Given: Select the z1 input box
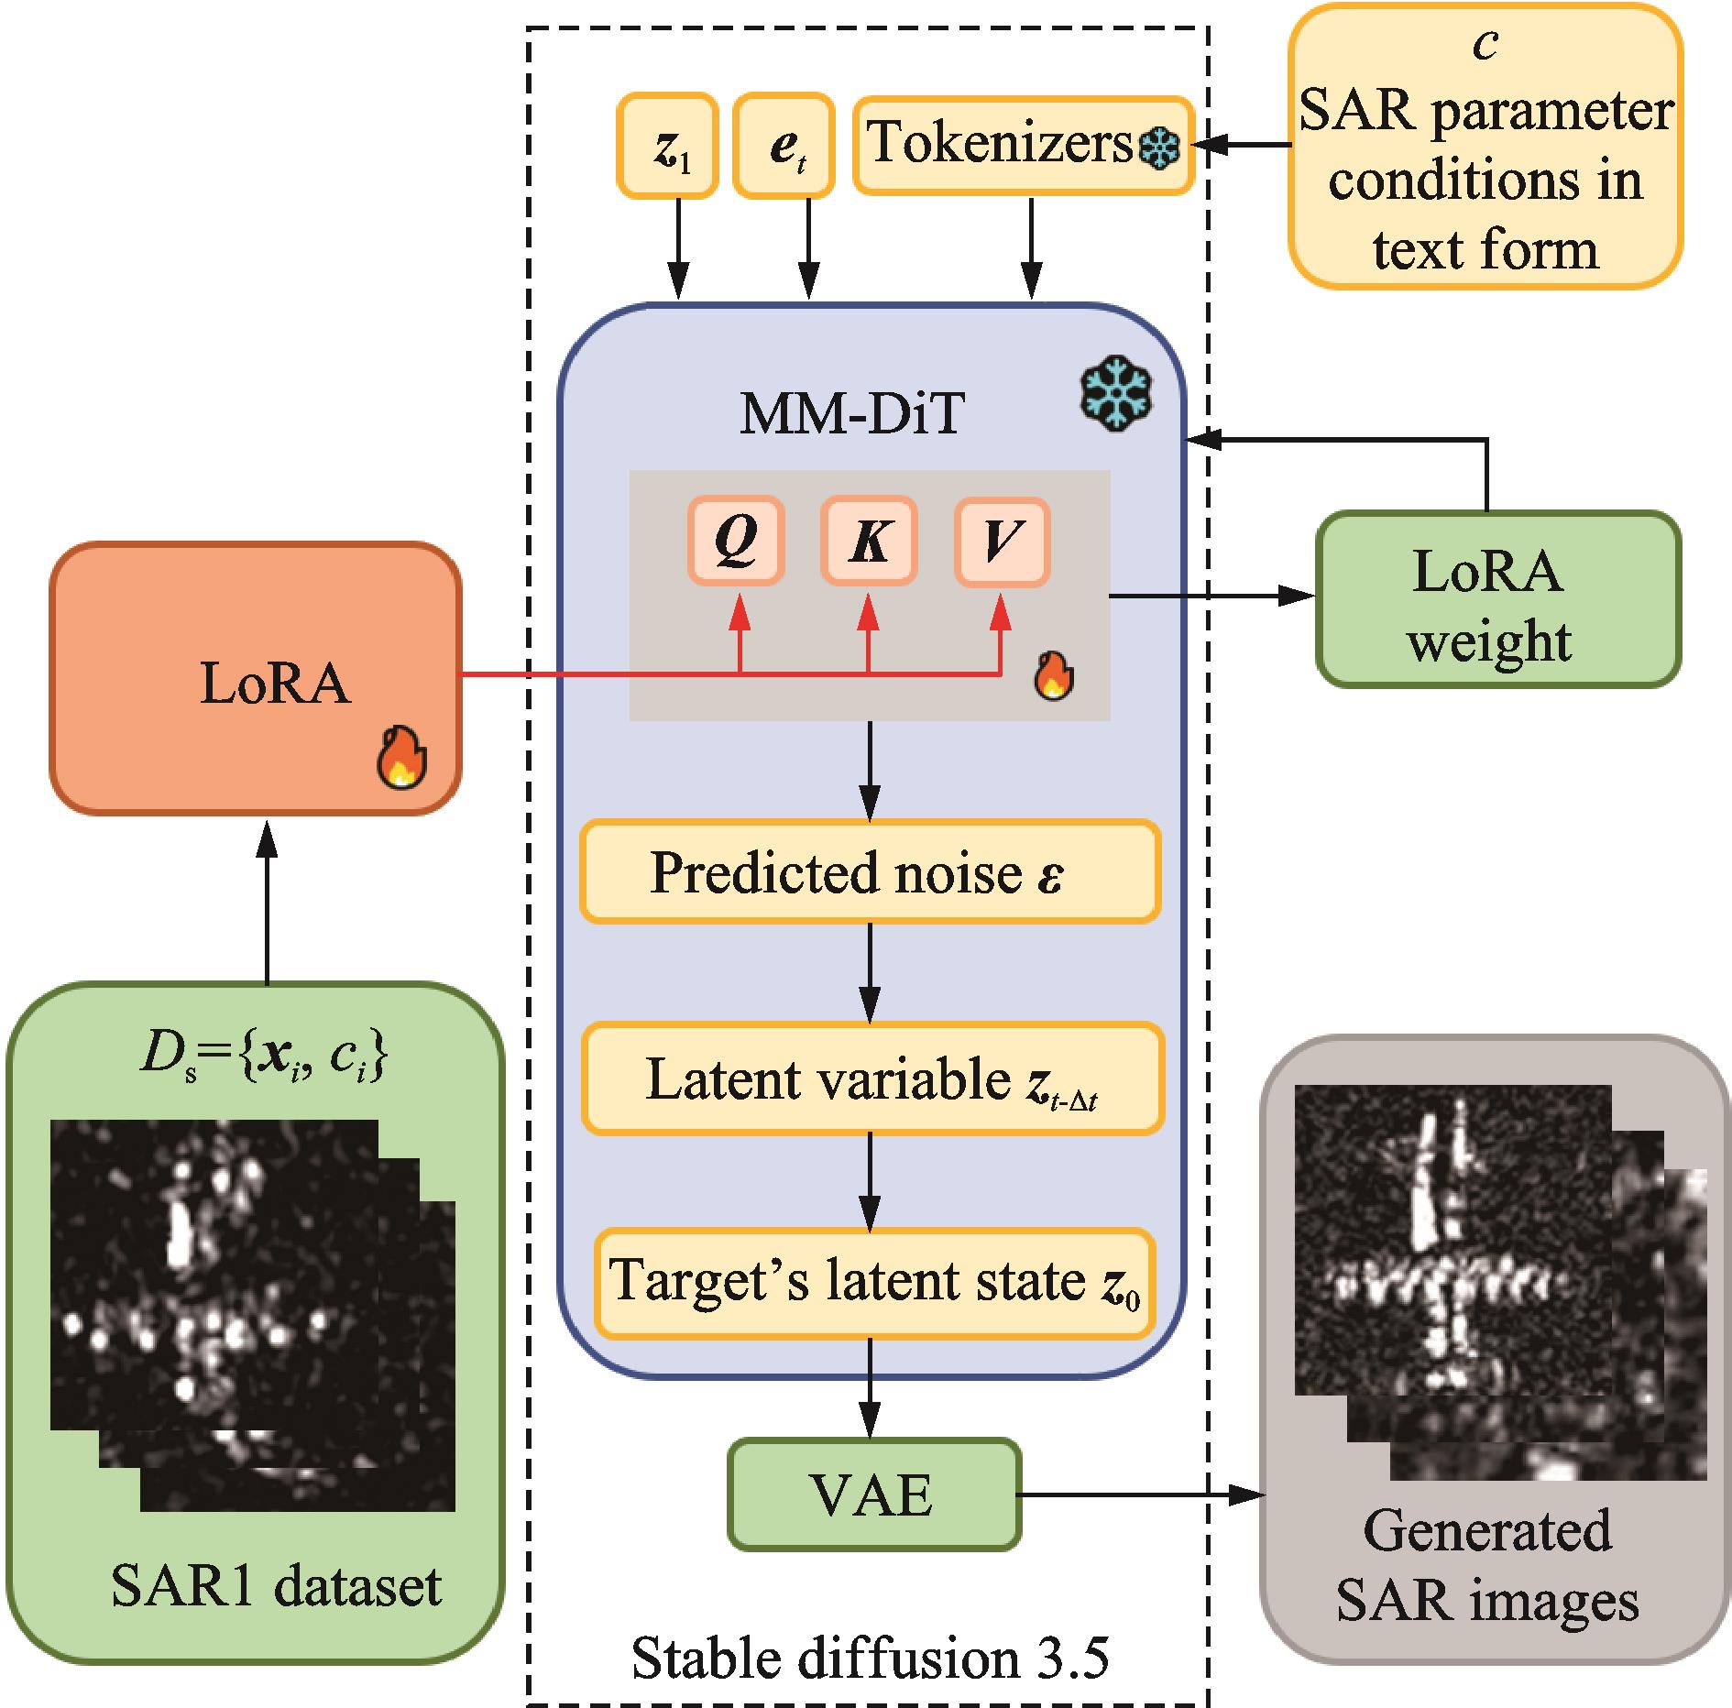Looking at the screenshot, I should pos(667,146).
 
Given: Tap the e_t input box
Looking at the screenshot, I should pos(784,146).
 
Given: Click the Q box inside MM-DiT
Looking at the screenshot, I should pos(736,541).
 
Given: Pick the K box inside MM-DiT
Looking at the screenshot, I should pos(868,541).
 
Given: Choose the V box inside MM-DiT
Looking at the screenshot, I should pos(1001,541).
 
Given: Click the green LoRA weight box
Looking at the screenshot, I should pos(1497,598).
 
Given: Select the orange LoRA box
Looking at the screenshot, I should pos(255,678).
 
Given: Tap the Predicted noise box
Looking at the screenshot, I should pos(870,871).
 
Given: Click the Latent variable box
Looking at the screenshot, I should pos(872,1078).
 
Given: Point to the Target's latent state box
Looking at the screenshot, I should pos(874,1283).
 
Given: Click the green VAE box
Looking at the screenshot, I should pos(874,1494).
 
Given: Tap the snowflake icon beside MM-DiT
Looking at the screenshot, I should pos(1116,397).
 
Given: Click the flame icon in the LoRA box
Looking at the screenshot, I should pos(401,758).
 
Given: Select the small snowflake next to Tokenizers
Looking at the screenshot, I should pos(1158,148).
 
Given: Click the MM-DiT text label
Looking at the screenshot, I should pos(851,413).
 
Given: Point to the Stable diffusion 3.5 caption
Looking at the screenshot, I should pos(870,1657).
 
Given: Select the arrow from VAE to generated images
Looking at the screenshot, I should pos(1141,1495).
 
